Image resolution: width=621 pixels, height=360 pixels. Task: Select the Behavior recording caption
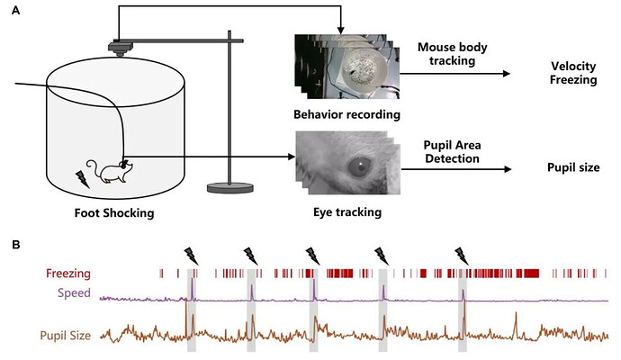coord(346,115)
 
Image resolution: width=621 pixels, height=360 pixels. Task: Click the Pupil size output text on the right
coord(573,168)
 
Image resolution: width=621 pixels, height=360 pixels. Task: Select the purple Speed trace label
coord(74,293)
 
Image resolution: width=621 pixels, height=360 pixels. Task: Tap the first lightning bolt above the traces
coord(190,255)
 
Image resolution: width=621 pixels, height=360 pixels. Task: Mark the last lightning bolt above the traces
coord(462,255)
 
